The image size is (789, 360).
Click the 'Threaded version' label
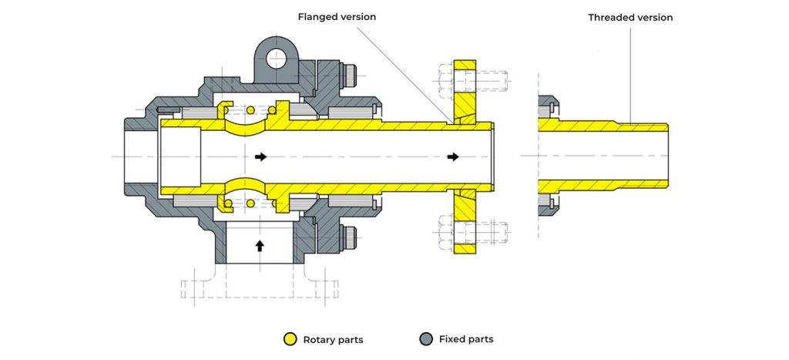[x=630, y=17]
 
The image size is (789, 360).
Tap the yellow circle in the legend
[x=290, y=338]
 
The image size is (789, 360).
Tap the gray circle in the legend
[x=425, y=338]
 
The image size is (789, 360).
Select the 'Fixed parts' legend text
[x=466, y=339]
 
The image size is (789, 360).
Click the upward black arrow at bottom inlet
[x=260, y=246]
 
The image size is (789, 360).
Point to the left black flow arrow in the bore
[x=261, y=156]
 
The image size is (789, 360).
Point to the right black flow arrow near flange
[x=454, y=156]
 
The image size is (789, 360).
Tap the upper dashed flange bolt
[x=472, y=78]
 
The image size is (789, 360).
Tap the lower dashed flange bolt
[x=472, y=230]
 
